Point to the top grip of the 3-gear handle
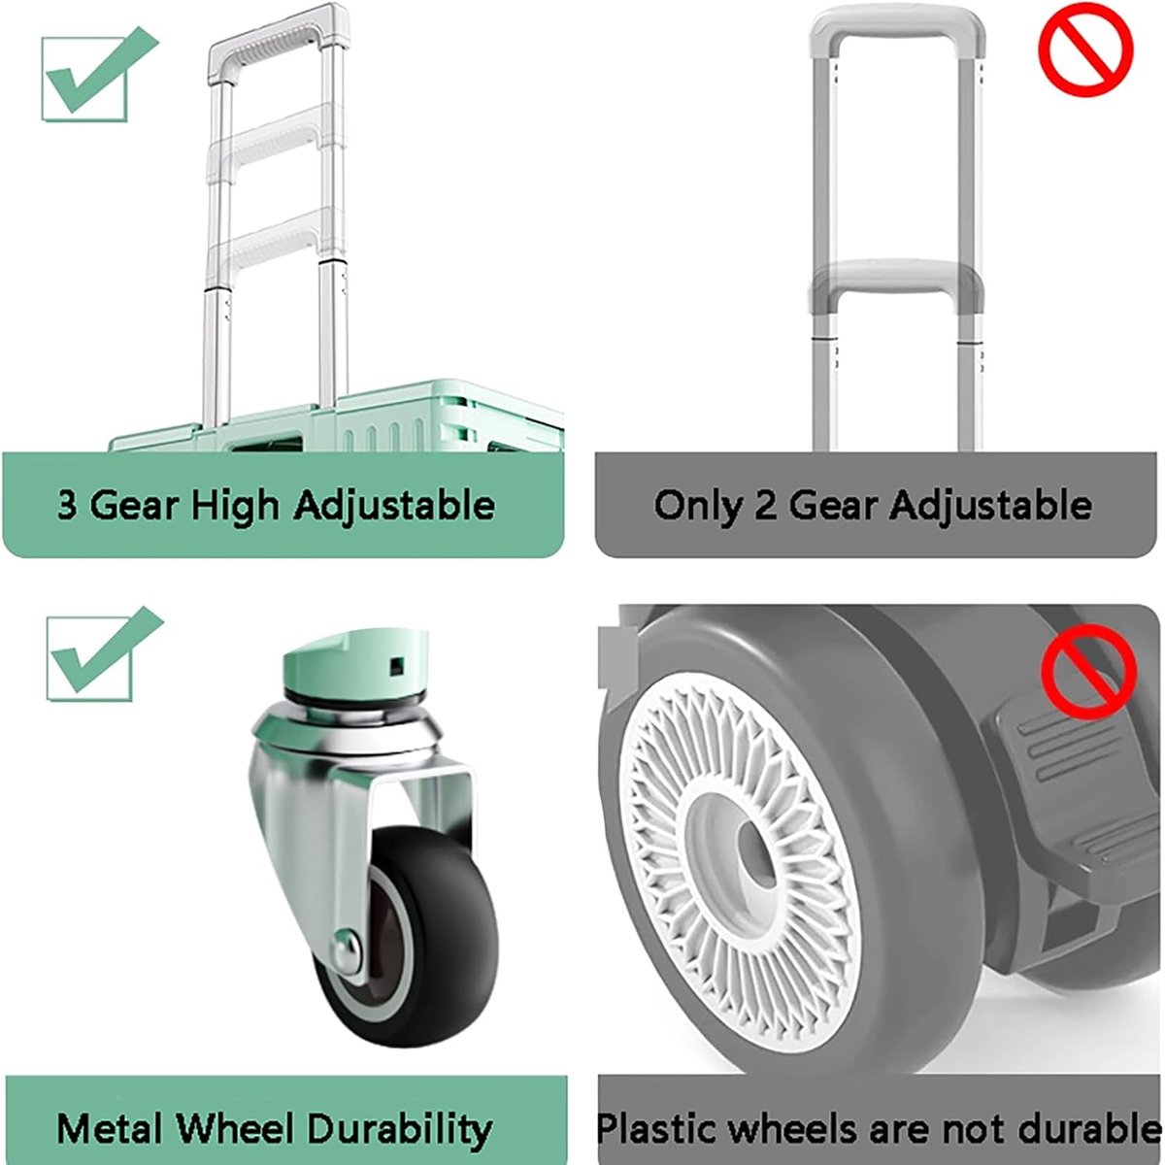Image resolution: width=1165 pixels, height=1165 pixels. (279, 43)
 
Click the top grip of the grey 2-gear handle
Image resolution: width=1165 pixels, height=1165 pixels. (897, 27)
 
